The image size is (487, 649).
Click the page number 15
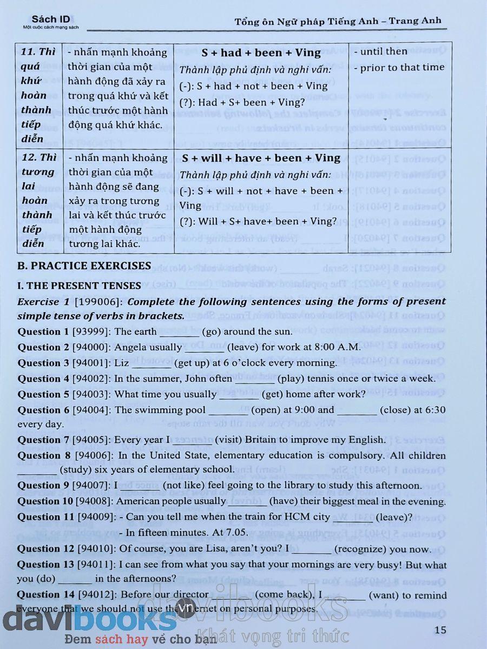pos(440,630)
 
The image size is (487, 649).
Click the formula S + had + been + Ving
pos(261,53)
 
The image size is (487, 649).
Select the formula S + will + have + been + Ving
pos(261,158)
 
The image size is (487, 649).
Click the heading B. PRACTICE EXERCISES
pos(84,266)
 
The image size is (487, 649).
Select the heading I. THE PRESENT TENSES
pos(79,286)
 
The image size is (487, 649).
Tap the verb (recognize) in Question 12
pos(360,549)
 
